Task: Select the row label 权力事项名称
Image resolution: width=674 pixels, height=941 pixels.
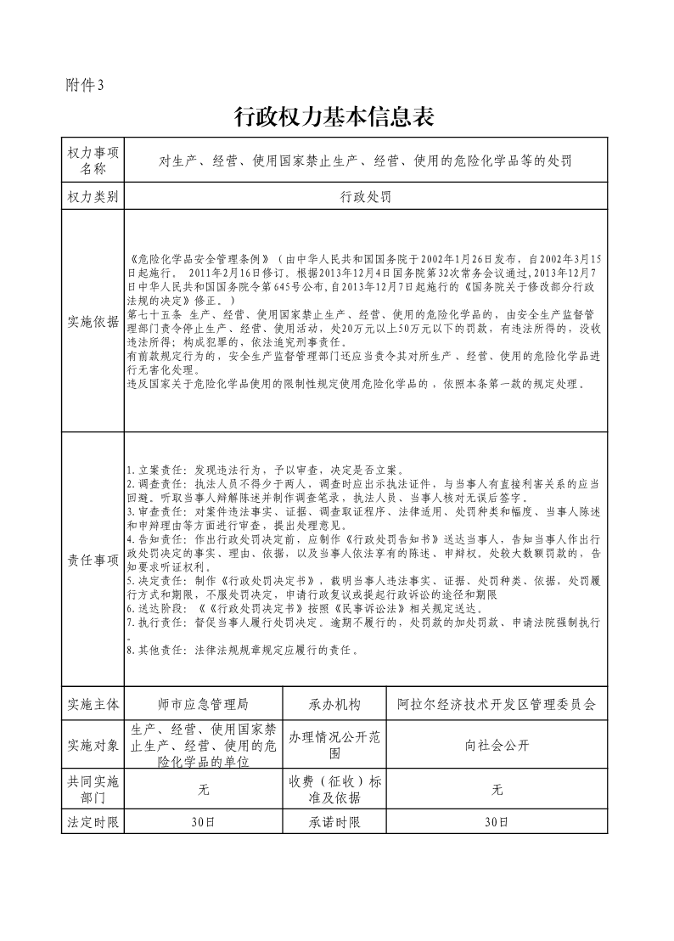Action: pyautogui.click(x=93, y=160)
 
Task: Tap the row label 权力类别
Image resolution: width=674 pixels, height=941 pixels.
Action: pyautogui.click(x=93, y=196)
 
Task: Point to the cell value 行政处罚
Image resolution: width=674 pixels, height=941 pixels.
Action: pyautogui.click(x=366, y=196)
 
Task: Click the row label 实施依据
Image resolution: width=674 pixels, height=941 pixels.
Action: pyautogui.click(x=93, y=321)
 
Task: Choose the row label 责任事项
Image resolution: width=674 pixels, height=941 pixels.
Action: pyautogui.click(x=93, y=559)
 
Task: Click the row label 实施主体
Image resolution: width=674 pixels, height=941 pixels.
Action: pyautogui.click(x=93, y=704)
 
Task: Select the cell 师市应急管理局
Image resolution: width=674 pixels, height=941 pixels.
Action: pyautogui.click(x=204, y=704)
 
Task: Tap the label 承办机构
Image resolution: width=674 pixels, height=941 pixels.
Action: pyautogui.click(x=334, y=704)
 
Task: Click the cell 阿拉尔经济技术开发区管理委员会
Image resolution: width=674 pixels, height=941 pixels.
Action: pyautogui.click(x=497, y=704)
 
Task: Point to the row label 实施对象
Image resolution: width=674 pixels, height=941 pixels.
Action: pyautogui.click(x=93, y=745)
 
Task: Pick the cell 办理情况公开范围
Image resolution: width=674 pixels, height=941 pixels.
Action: pyautogui.click(x=334, y=745)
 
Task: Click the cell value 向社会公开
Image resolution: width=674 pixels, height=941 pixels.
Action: pyautogui.click(x=497, y=745)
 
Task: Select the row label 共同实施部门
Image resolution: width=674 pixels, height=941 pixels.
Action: pyautogui.click(x=93, y=789)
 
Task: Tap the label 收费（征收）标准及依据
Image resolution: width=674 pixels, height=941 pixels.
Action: pyautogui.click(x=334, y=789)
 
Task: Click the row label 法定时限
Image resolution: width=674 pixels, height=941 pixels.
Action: pyautogui.click(x=93, y=822)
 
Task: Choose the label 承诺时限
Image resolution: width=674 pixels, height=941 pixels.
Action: pyautogui.click(x=334, y=822)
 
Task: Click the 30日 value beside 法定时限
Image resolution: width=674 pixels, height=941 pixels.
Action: pyautogui.click(x=204, y=822)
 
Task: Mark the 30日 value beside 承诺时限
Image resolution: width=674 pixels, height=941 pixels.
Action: pyautogui.click(x=497, y=822)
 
